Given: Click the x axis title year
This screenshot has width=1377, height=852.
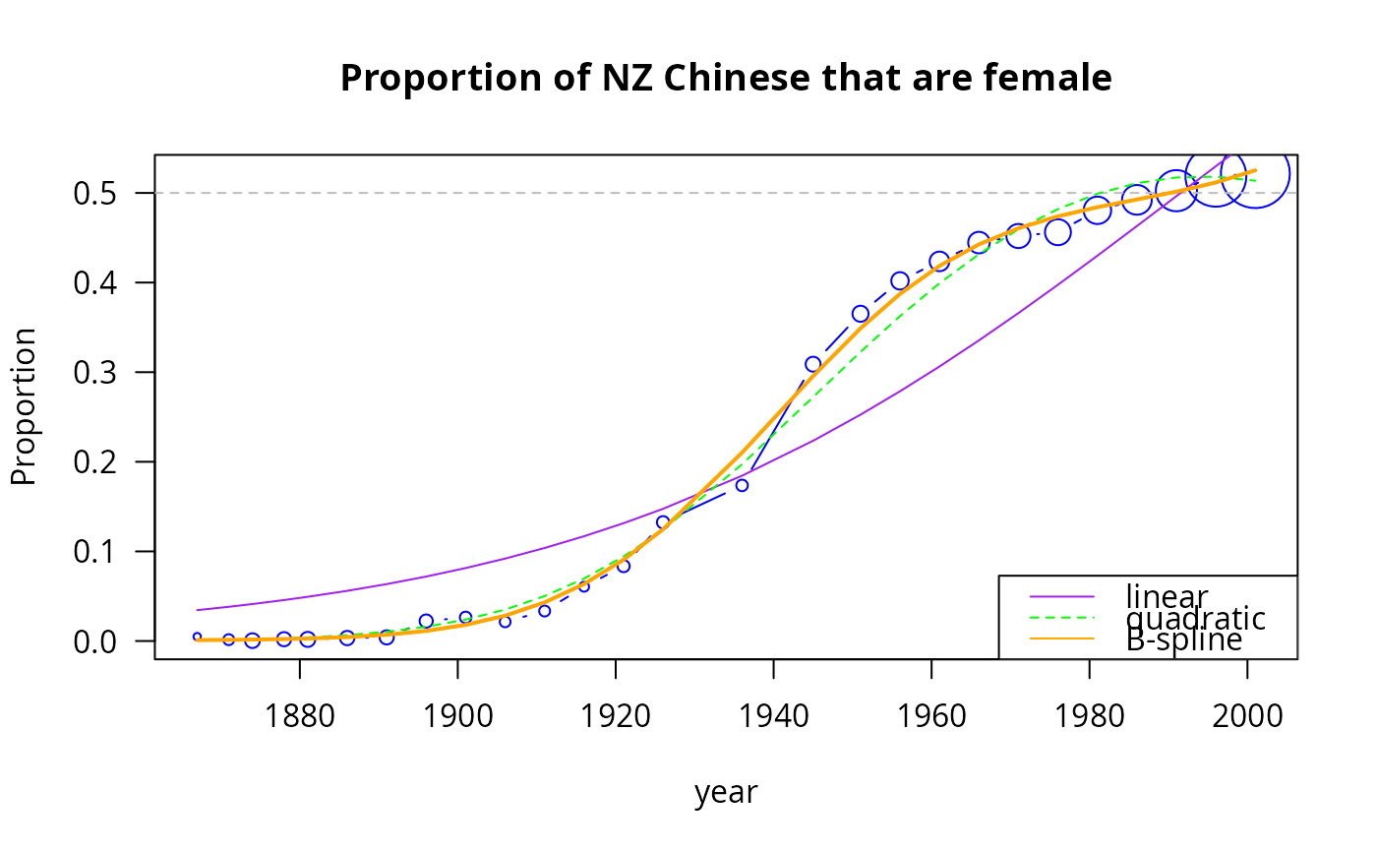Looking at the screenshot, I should click(x=726, y=792).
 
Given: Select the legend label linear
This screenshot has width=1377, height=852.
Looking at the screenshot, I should click(x=1167, y=596).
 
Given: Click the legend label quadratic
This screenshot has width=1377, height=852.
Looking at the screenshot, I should click(x=1195, y=619).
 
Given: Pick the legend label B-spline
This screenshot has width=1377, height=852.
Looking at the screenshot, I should click(x=1183, y=639).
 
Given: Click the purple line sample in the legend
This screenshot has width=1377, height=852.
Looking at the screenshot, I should click(x=1061, y=596).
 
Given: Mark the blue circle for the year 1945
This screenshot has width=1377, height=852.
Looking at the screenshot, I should click(x=813, y=364).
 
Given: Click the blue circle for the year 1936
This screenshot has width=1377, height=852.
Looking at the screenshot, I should click(x=742, y=485).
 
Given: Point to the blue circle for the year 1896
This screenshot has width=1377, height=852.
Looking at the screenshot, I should click(x=426, y=621).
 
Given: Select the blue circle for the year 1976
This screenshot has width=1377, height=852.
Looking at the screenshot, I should click(x=1057, y=232).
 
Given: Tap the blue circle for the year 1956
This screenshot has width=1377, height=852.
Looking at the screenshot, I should click(x=900, y=281).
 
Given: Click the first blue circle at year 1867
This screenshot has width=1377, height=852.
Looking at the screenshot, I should click(x=197, y=638).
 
